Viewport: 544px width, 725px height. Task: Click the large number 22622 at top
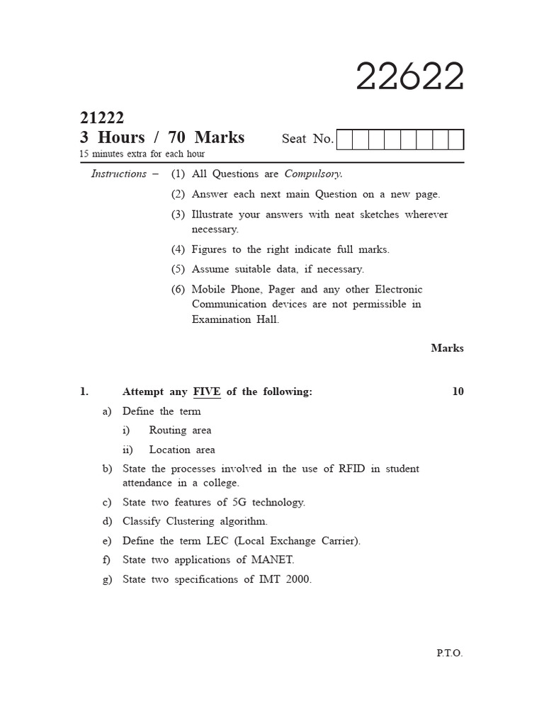[409, 76]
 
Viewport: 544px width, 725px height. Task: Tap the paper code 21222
[102, 118]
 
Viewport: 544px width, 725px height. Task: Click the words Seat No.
[307, 139]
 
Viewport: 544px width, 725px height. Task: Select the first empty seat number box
[344, 139]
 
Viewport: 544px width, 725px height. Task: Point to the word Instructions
[118, 174]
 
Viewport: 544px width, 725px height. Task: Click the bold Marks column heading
[447, 348]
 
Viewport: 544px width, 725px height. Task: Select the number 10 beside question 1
[458, 392]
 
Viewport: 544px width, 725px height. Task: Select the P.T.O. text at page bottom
[449, 653]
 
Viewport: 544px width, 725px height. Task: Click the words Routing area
[180, 430]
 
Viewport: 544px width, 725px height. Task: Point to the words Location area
[182, 450]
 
